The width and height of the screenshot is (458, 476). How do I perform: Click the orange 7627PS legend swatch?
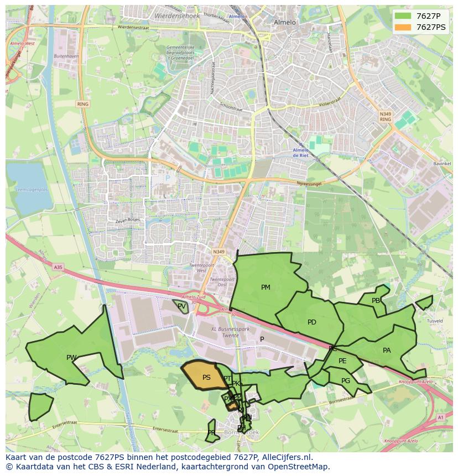(403, 27)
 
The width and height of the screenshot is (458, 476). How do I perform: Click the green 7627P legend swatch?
(403, 16)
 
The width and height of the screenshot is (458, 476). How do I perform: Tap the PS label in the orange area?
(206, 378)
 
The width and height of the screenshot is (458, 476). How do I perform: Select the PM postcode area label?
(266, 287)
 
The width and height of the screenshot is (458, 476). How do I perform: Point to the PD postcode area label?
(312, 322)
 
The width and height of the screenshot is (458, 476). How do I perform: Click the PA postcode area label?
(387, 351)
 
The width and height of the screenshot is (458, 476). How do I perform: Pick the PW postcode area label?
(71, 358)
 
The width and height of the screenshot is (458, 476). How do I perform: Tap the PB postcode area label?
(376, 301)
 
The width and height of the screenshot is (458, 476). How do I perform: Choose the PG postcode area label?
(346, 381)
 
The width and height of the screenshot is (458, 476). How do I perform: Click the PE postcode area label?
(342, 361)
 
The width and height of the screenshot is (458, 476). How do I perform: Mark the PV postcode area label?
(181, 306)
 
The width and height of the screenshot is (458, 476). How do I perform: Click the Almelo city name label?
(285, 23)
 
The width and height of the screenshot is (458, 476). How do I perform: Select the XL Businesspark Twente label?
(230, 332)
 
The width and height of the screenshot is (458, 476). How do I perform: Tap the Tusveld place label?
(435, 321)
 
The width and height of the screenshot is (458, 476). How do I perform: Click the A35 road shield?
(58, 267)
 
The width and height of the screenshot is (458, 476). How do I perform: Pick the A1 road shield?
(440, 417)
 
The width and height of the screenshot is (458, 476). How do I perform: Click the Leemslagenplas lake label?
(32, 189)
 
